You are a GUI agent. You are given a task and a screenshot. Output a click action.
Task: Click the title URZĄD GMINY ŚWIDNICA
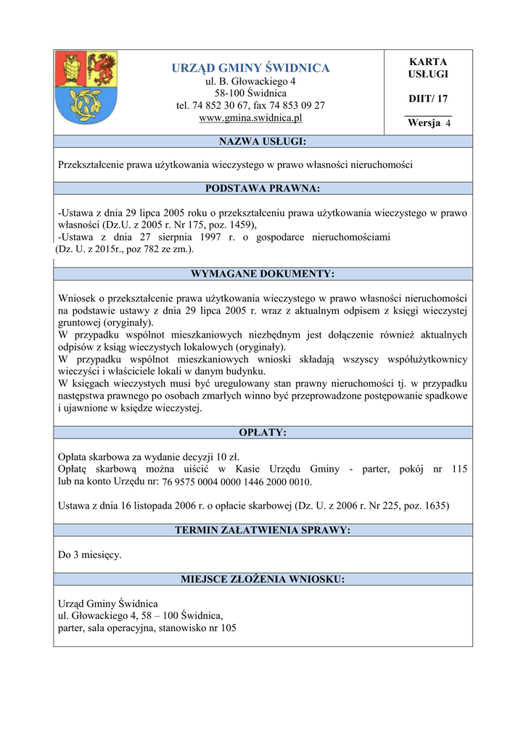(250, 68)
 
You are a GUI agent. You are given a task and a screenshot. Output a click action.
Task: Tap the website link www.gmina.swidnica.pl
(250, 117)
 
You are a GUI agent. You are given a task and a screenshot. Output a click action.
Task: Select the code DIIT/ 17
(428, 99)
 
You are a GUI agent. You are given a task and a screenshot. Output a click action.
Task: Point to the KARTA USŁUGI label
(428, 68)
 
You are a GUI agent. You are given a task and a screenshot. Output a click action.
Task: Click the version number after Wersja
(448, 123)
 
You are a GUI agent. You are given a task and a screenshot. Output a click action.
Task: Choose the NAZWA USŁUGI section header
(263, 141)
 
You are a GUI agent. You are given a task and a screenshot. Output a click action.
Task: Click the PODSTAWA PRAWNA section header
(263, 188)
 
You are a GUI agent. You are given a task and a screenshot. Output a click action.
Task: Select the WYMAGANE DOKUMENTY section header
(263, 274)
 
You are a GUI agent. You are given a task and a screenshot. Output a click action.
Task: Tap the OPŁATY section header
(263, 433)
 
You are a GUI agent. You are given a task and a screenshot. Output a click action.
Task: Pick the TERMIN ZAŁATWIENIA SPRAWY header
(263, 530)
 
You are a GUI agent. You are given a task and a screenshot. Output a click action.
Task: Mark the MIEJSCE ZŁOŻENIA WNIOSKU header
(263, 579)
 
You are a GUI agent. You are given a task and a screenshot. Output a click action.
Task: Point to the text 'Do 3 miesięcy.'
(90, 555)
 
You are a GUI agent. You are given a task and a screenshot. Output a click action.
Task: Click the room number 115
(459, 469)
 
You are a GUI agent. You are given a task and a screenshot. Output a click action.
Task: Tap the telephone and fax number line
(250, 105)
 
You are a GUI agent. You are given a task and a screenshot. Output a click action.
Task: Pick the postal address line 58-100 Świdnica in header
(250, 93)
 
